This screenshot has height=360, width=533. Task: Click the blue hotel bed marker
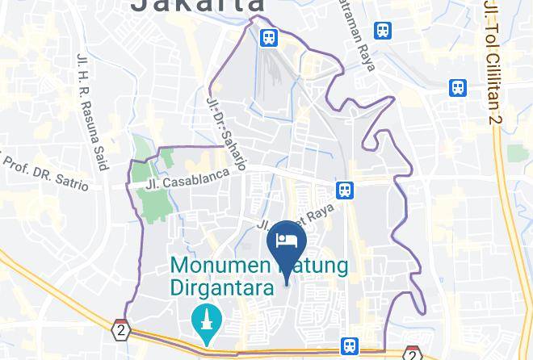287,240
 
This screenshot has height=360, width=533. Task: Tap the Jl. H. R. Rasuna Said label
92,111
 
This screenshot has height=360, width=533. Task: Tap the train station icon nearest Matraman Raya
383,31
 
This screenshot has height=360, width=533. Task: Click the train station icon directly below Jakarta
268,36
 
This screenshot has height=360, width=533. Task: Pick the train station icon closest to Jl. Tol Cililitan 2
459,87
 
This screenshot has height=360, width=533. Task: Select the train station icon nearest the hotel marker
345,190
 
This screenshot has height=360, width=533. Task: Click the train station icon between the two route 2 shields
349,345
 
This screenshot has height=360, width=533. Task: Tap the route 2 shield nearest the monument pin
121,330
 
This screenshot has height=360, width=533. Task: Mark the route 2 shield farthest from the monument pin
412,354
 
